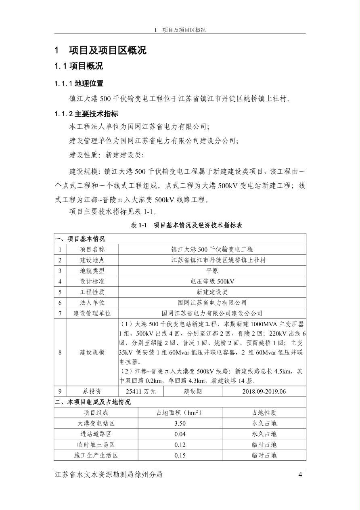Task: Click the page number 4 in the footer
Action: coord(300,475)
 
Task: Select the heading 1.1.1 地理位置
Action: coord(79,84)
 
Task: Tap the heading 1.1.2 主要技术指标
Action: coord(86,114)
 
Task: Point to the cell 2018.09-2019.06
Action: coord(264,391)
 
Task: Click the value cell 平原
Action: coord(212,271)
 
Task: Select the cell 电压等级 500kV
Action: coord(212,281)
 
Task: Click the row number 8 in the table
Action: coord(60,352)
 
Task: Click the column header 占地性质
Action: coord(264,413)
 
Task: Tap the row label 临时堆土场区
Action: coord(96,445)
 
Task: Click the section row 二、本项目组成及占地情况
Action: coord(93,402)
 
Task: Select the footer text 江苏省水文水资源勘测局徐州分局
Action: coord(109,475)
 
